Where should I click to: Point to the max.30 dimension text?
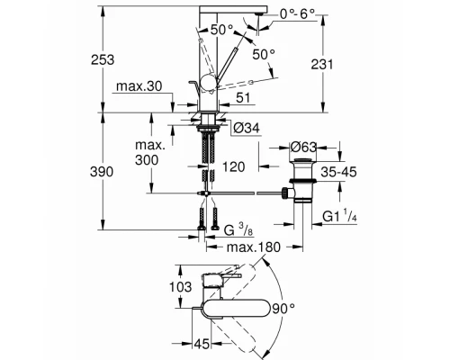(137, 86)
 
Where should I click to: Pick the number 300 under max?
(149, 159)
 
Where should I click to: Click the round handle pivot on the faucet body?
(207, 86)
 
